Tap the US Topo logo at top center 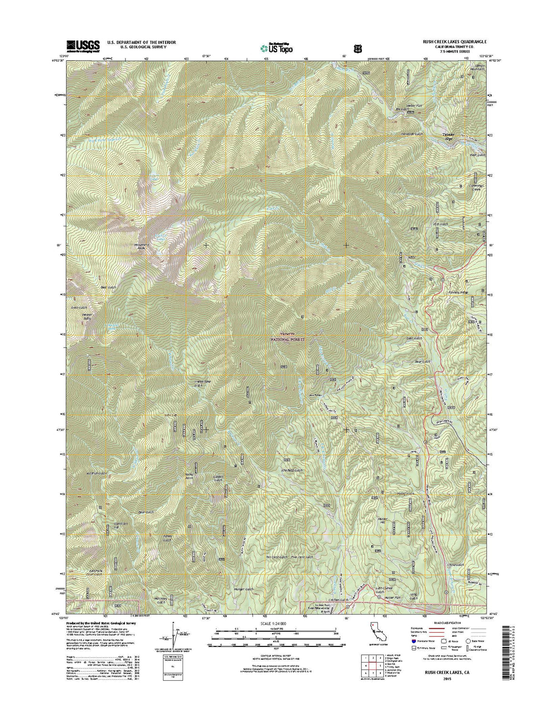coord(276,48)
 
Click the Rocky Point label coord(192,476)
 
